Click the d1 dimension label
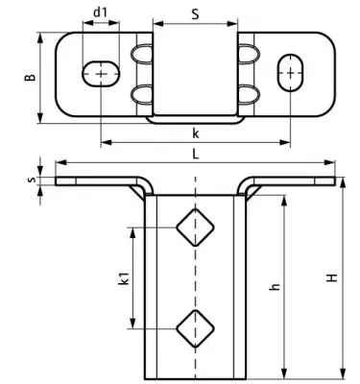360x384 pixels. point(100,12)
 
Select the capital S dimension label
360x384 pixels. point(196,14)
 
